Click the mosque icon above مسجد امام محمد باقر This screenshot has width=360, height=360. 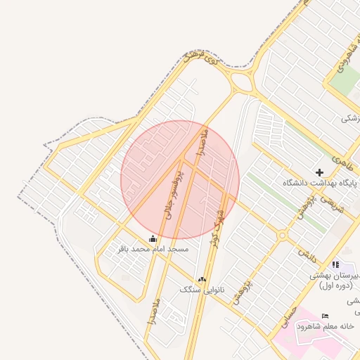[x=153, y=239]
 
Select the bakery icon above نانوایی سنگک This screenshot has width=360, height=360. [x=202, y=280]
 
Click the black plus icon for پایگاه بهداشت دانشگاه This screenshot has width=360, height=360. [x=319, y=172]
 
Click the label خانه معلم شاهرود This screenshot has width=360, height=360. [x=325, y=326]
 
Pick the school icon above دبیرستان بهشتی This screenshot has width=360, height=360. [x=335, y=265]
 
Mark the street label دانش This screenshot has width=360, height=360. [x=304, y=252]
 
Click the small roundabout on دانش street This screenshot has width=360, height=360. [x=282, y=236]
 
